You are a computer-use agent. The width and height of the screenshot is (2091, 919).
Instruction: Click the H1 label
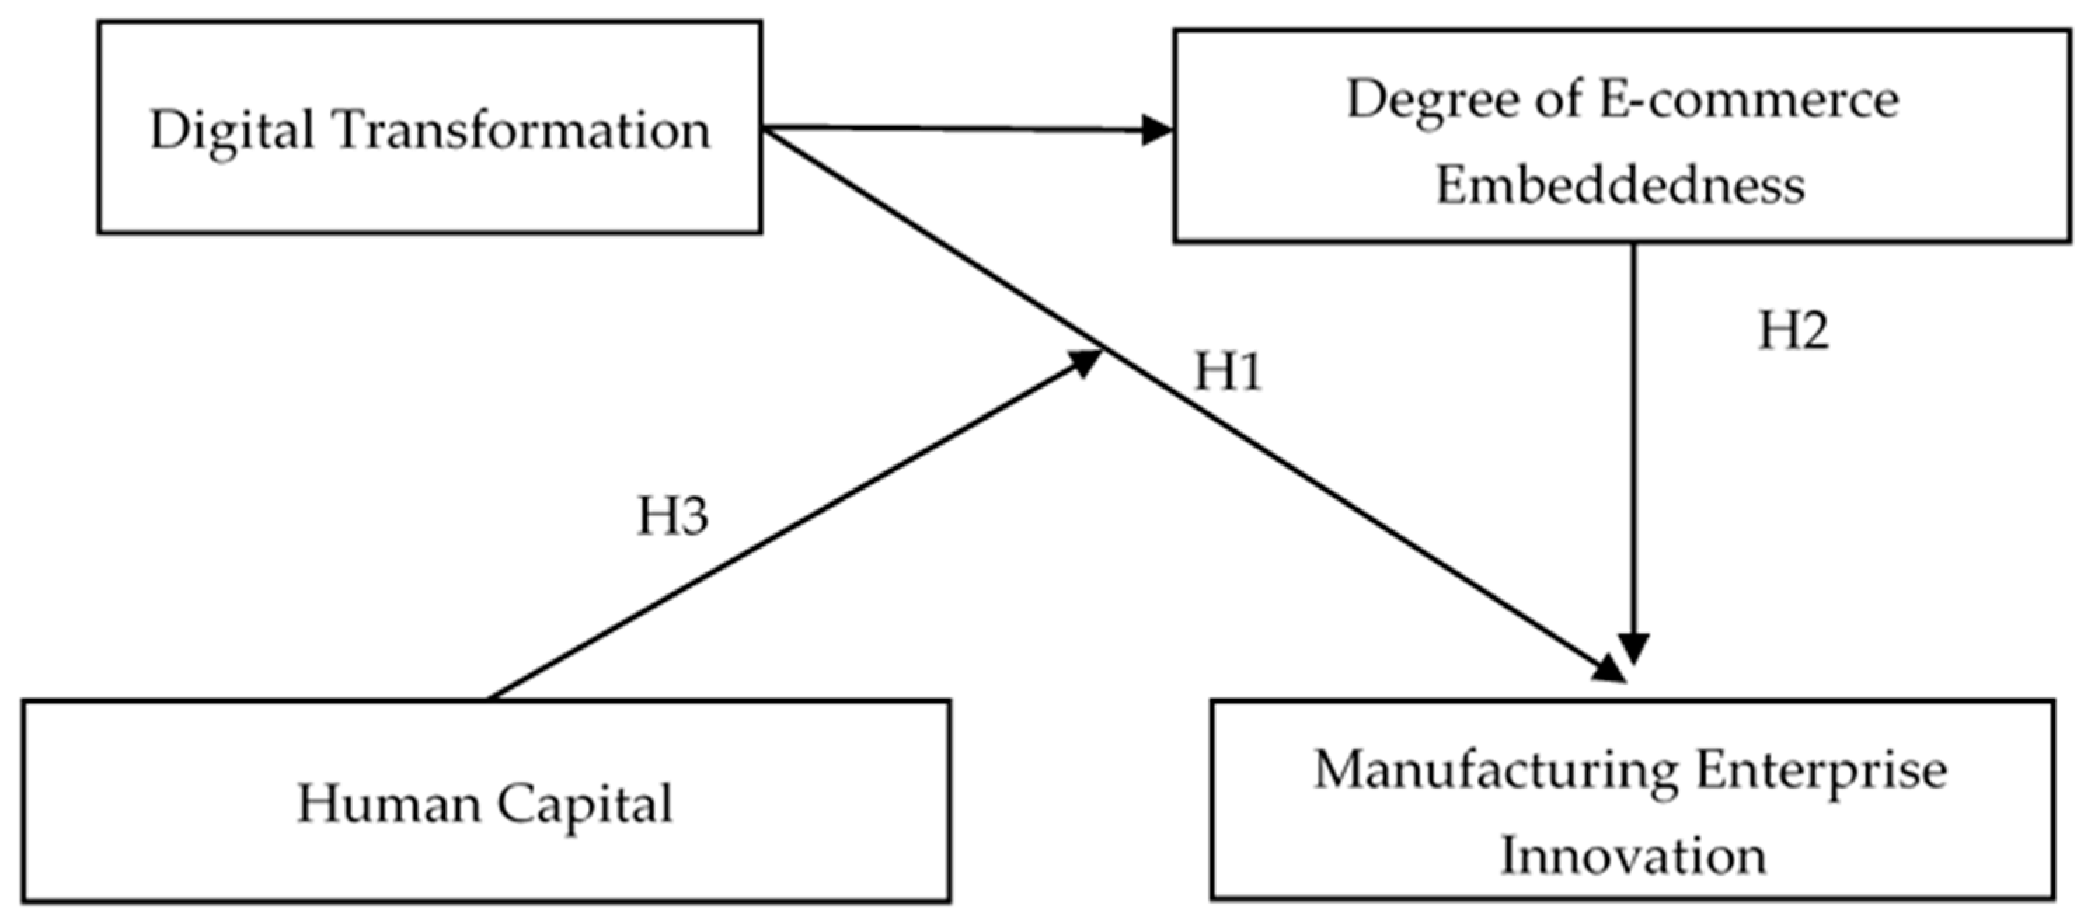pos(1227,373)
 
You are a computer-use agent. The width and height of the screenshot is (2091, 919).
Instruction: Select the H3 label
pos(672,516)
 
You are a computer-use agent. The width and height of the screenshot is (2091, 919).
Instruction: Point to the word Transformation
pos(522,130)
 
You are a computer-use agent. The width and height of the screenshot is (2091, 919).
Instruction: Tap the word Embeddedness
pos(1620,185)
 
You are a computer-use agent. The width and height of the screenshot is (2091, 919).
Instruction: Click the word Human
pos(390,804)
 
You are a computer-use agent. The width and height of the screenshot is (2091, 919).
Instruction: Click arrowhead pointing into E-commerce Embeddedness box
pos(1157,130)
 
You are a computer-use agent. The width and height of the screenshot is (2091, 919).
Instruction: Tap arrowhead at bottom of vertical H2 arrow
pos(1633,648)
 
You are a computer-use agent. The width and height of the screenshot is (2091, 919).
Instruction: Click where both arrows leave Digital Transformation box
pos(764,130)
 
